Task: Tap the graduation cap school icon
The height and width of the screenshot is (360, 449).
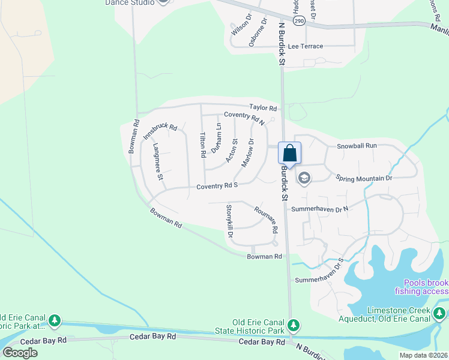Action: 304,178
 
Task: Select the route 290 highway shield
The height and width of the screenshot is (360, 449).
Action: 298,20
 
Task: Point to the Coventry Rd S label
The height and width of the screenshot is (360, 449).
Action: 218,187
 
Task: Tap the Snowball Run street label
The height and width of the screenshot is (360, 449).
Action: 357,146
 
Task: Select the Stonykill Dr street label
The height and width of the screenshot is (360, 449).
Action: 229,221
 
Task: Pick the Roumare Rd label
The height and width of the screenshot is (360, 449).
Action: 265,220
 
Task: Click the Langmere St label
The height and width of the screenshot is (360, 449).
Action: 157,162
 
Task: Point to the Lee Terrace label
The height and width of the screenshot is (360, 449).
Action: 306,46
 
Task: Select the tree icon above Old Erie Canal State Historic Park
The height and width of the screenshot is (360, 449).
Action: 293,325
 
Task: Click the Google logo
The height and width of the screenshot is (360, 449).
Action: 20,352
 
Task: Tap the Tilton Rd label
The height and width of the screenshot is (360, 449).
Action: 202,145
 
